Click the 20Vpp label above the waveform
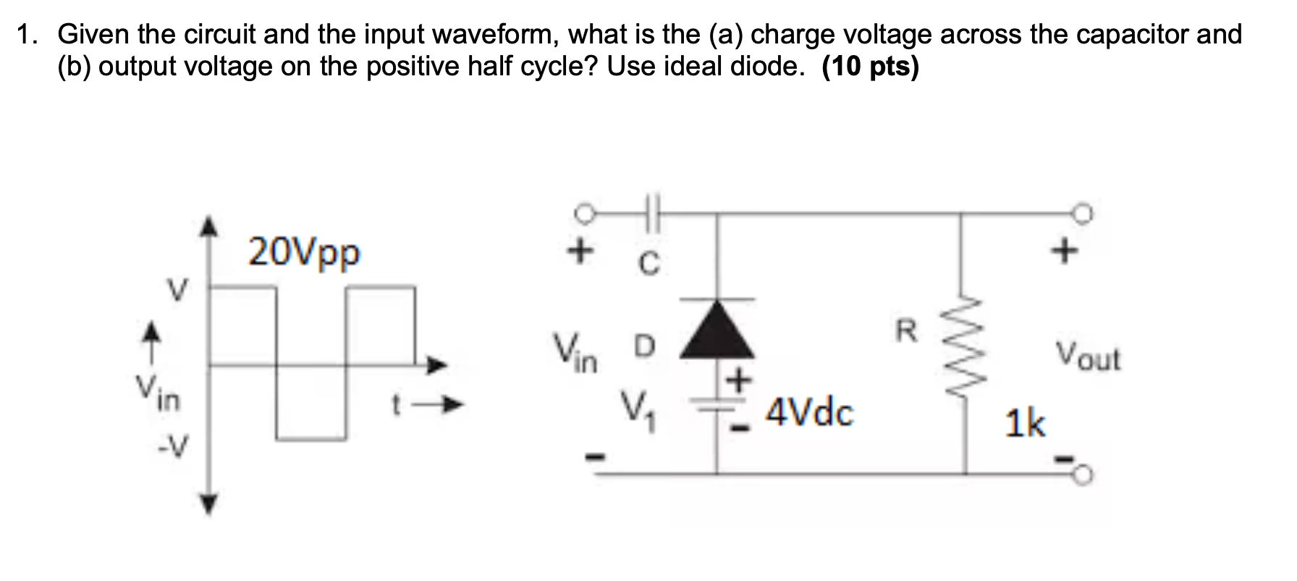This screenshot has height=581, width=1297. click(303, 253)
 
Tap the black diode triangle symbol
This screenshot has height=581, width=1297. click(717, 331)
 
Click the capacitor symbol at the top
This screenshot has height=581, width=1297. click(650, 214)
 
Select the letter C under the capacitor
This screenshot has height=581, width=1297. click(649, 265)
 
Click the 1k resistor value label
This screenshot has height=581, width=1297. click(1025, 422)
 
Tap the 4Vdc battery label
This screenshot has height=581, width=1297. click(809, 412)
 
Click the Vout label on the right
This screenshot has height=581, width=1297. click(1087, 356)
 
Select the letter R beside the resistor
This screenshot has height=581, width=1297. click(907, 332)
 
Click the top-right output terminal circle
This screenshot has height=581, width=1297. click(1083, 214)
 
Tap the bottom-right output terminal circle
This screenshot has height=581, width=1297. click(1083, 475)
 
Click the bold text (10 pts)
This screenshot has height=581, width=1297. click(871, 67)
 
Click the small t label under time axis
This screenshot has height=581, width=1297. click(396, 406)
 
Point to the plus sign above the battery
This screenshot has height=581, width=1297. click(739, 380)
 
